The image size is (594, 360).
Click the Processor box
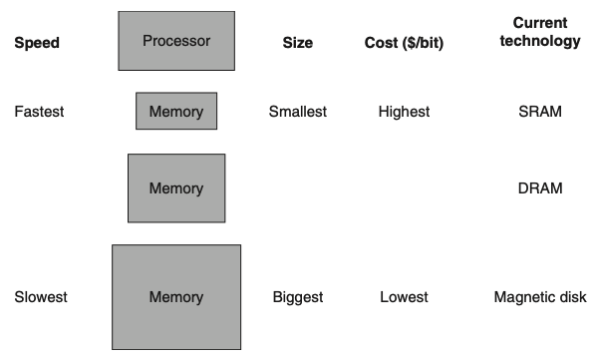click(x=176, y=41)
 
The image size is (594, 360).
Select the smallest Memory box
click(x=175, y=111)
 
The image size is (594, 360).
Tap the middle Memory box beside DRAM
click(x=175, y=187)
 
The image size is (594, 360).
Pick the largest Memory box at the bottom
click(x=175, y=296)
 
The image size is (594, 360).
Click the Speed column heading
click(x=37, y=43)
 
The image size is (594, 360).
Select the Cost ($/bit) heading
click(x=404, y=43)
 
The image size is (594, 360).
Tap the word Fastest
click(x=40, y=112)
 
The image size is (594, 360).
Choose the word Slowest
click(x=40, y=297)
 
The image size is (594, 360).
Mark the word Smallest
click(x=298, y=112)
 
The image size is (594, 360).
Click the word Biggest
click(x=298, y=297)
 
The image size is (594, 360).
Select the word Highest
click(x=404, y=112)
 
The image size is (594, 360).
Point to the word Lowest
click(x=404, y=297)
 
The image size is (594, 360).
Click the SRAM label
click(x=540, y=112)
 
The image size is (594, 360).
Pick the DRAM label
click(x=540, y=188)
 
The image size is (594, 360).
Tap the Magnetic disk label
click(x=540, y=297)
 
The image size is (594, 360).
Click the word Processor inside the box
click(x=176, y=41)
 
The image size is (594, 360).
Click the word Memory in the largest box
click(x=175, y=297)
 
